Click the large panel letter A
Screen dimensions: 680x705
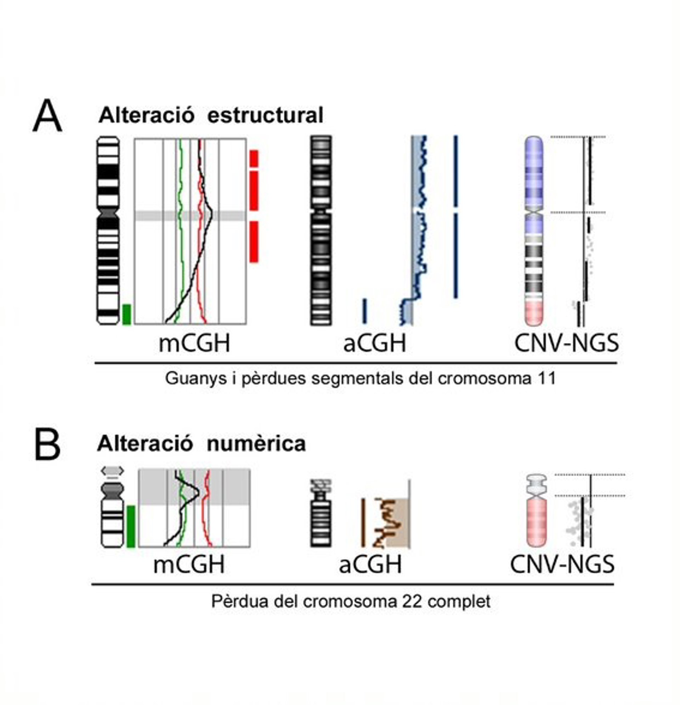[47, 116]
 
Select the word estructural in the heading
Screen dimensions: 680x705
[266, 116]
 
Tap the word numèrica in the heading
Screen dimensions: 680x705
[256, 444]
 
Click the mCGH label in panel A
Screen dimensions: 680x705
[194, 343]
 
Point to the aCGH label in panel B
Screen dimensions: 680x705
[370, 564]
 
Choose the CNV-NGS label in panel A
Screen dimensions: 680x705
[566, 343]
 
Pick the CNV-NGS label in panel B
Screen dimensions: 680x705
[562, 564]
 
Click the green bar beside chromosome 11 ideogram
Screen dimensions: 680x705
[126, 314]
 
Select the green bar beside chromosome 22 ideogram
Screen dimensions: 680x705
[131, 526]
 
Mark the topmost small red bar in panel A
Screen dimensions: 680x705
[254, 158]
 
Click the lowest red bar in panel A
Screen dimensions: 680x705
[254, 242]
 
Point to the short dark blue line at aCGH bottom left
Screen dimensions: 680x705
[365, 310]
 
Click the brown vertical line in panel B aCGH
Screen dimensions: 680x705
[363, 522]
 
